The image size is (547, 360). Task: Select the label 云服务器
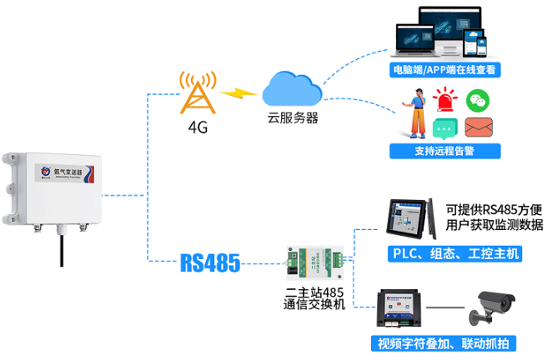[293, 118]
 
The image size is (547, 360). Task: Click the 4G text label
[198, 129]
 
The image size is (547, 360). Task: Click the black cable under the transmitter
[61, 246]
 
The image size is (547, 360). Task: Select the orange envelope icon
[479, 128]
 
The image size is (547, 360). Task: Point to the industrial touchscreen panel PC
[408, 221]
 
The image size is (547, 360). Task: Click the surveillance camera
[492, 308]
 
